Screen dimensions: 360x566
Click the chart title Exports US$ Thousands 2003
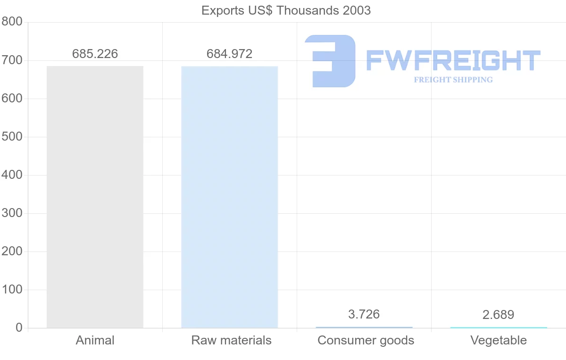pos(286,10)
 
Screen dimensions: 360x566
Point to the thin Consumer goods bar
pos(364,327)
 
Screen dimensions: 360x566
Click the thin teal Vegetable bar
pos(499,327)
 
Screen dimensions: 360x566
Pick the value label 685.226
pos(95,54)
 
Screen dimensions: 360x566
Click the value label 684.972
pos(229,54)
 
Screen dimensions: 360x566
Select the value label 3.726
pos(364,314)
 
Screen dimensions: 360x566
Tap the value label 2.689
pos(499,315)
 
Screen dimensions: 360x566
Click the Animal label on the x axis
pos(95,340)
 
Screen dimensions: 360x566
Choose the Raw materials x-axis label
pos(231,340)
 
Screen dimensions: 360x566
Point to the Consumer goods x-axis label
pos(366,340)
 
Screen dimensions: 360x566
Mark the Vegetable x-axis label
pos(499,340)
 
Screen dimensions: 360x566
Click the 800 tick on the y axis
pos(12,22)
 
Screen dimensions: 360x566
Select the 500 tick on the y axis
pos(12,137)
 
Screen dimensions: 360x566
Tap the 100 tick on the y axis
pos(12,290)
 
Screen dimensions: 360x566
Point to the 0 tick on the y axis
pos(19,328)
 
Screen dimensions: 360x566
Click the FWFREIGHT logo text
pos(453,61)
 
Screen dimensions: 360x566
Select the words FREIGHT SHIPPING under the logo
pos(453,80)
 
